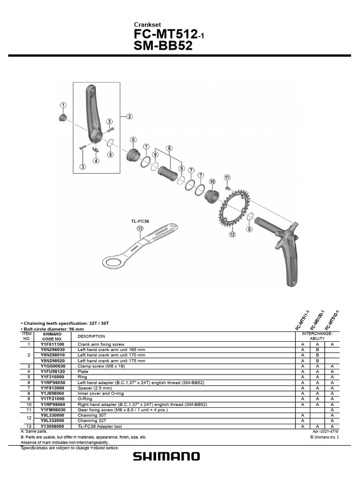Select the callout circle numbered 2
coord(129,116)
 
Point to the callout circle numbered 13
coord(140,228)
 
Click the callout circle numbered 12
coord(232,234)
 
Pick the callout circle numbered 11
coord(227,178)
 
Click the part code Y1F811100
coord(52,344)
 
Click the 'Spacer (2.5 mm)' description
coord(95,388)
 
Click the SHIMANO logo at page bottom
coord(166,456)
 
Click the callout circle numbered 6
coord(133,140)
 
